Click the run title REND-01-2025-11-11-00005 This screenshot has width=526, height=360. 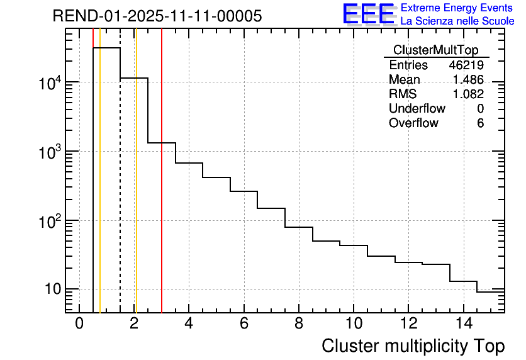click(x=157, y=16)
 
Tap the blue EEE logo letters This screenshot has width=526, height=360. click(x=369, y=14)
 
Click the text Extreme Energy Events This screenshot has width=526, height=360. click(x=457, y=8)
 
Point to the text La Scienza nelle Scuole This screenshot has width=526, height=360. click(x=457, y=21)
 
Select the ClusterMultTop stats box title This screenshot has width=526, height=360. click(x=435, y=50)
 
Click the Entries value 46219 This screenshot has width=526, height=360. click(x=466, y=65)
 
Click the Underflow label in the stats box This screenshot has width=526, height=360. click(x=417, y=108)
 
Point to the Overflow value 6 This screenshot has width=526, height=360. click(x=480, y=123)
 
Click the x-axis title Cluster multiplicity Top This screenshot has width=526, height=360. click(x=413, y=346)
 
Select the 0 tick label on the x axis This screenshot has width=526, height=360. click(x=79, y=323)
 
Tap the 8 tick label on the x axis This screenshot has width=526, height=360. click(x=299, y=323)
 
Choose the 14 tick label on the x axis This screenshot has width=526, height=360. click(x=463, y=323)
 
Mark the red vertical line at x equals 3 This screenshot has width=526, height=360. click(x=162, y=189)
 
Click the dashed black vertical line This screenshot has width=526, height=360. click(x=120, y=189)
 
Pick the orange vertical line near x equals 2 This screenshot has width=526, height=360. click(x=136, y=189)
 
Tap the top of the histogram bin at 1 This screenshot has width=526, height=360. click(x=106, y=48)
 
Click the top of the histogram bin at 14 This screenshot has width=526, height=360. click(x=463, y=281)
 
